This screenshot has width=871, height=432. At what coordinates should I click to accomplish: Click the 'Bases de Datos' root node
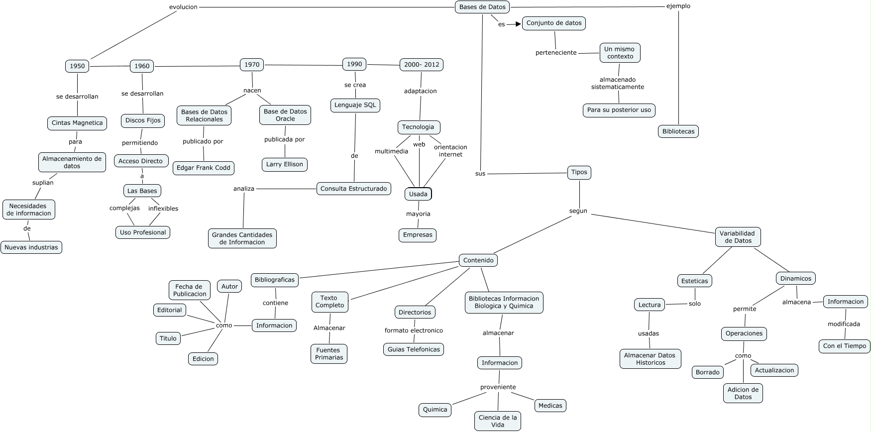(x=482, y=7)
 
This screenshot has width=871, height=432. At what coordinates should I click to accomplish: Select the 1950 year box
(x=77, y=66)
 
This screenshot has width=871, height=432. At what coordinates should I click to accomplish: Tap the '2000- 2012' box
(x=422, y=65)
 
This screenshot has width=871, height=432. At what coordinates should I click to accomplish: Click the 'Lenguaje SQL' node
(x=355, y=105)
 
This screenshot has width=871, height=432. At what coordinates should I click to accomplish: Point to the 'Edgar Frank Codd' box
(x=204, y=168)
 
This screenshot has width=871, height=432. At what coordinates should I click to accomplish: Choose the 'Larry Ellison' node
(x=285, y=164)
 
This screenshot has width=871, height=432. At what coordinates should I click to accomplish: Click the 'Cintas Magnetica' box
(x=77, y=123)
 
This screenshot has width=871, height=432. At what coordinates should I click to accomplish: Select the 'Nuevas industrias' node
(x=31, y=247)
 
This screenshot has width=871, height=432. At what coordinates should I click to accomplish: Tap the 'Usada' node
(x=418, y=194)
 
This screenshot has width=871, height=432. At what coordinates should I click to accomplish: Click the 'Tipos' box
(x=579, y=172)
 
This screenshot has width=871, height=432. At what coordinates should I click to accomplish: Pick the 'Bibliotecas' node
(x=678, y=131)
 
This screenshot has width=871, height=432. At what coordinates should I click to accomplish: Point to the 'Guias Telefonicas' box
(x=414, y=349)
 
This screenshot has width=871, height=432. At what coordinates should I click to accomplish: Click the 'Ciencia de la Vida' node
(x=498, y=421)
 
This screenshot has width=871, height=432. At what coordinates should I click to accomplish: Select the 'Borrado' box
(x=708, y=372)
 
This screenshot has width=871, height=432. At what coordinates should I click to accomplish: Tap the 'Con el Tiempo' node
(x=845, y=346)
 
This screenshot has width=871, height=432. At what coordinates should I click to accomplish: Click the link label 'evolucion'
(x=183, y=7)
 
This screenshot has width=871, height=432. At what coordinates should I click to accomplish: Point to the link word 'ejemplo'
(x=678, y=6)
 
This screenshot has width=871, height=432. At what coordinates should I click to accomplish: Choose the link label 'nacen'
(x=252, y=91)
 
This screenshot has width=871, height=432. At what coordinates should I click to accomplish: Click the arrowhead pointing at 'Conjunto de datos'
(x=518, y=23)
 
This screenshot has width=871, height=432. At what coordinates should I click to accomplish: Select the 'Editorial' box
(x=170, y=310)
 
